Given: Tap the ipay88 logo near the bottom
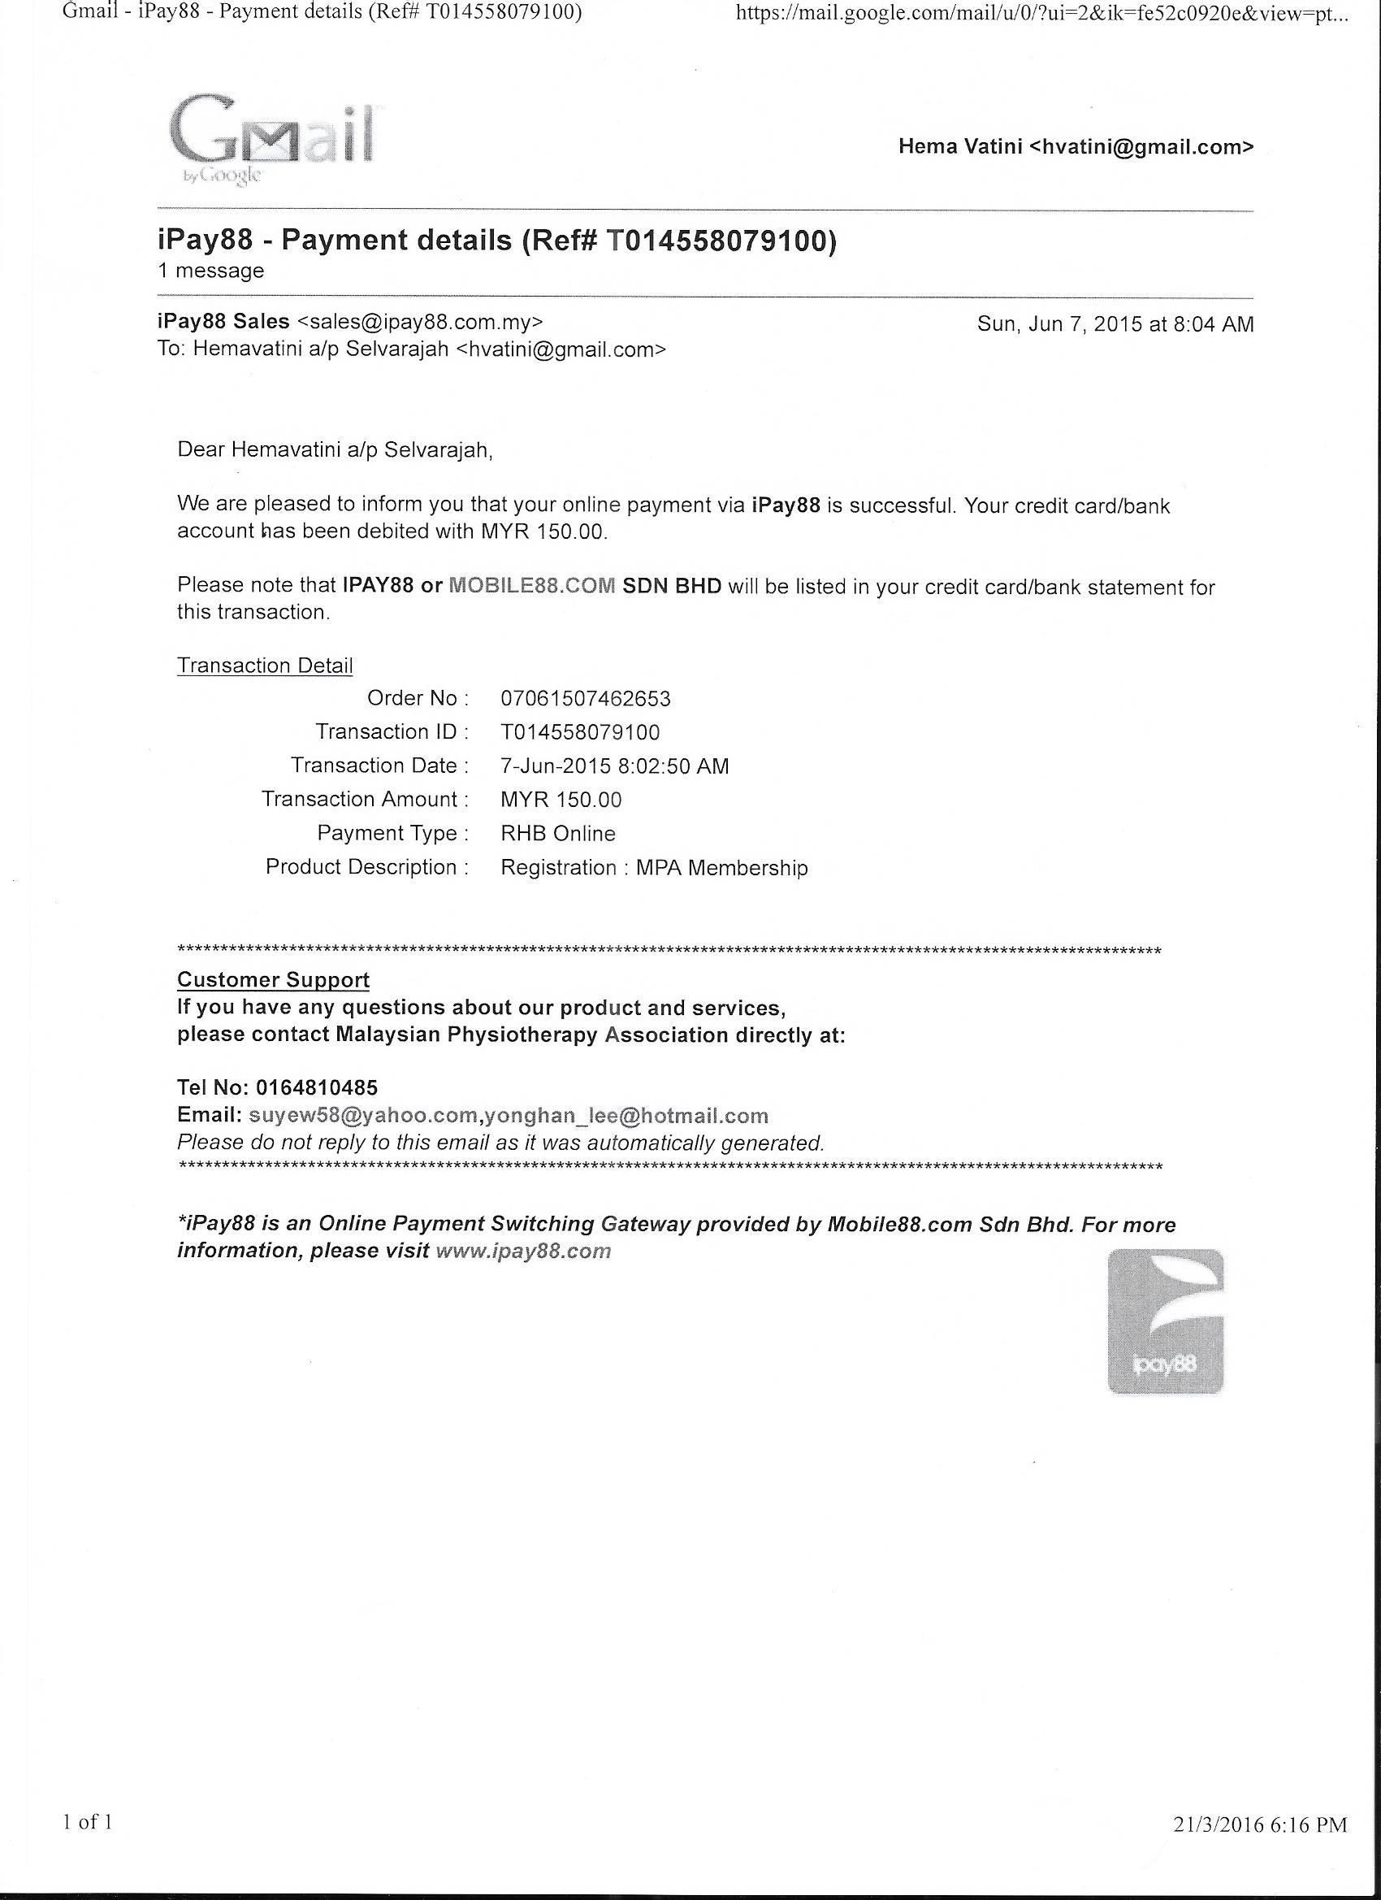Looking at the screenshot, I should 1166,1322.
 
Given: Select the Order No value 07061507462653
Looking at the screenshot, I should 586,699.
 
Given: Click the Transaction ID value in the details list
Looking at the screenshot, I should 580,732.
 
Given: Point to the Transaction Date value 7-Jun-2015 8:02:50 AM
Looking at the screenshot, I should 615,766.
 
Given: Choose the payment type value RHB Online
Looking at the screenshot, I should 558,834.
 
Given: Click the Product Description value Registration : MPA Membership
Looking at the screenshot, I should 654,868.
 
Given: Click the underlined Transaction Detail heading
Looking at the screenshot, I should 265,666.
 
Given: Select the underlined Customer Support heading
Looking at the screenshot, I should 273,979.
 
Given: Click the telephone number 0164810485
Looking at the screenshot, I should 317,1087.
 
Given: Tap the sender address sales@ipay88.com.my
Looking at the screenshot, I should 421,322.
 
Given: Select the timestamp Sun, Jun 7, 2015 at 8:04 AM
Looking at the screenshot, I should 1115,324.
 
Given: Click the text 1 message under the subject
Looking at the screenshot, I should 210,271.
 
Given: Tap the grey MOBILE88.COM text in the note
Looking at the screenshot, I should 532,586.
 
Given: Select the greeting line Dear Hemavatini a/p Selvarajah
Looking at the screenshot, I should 335,450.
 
